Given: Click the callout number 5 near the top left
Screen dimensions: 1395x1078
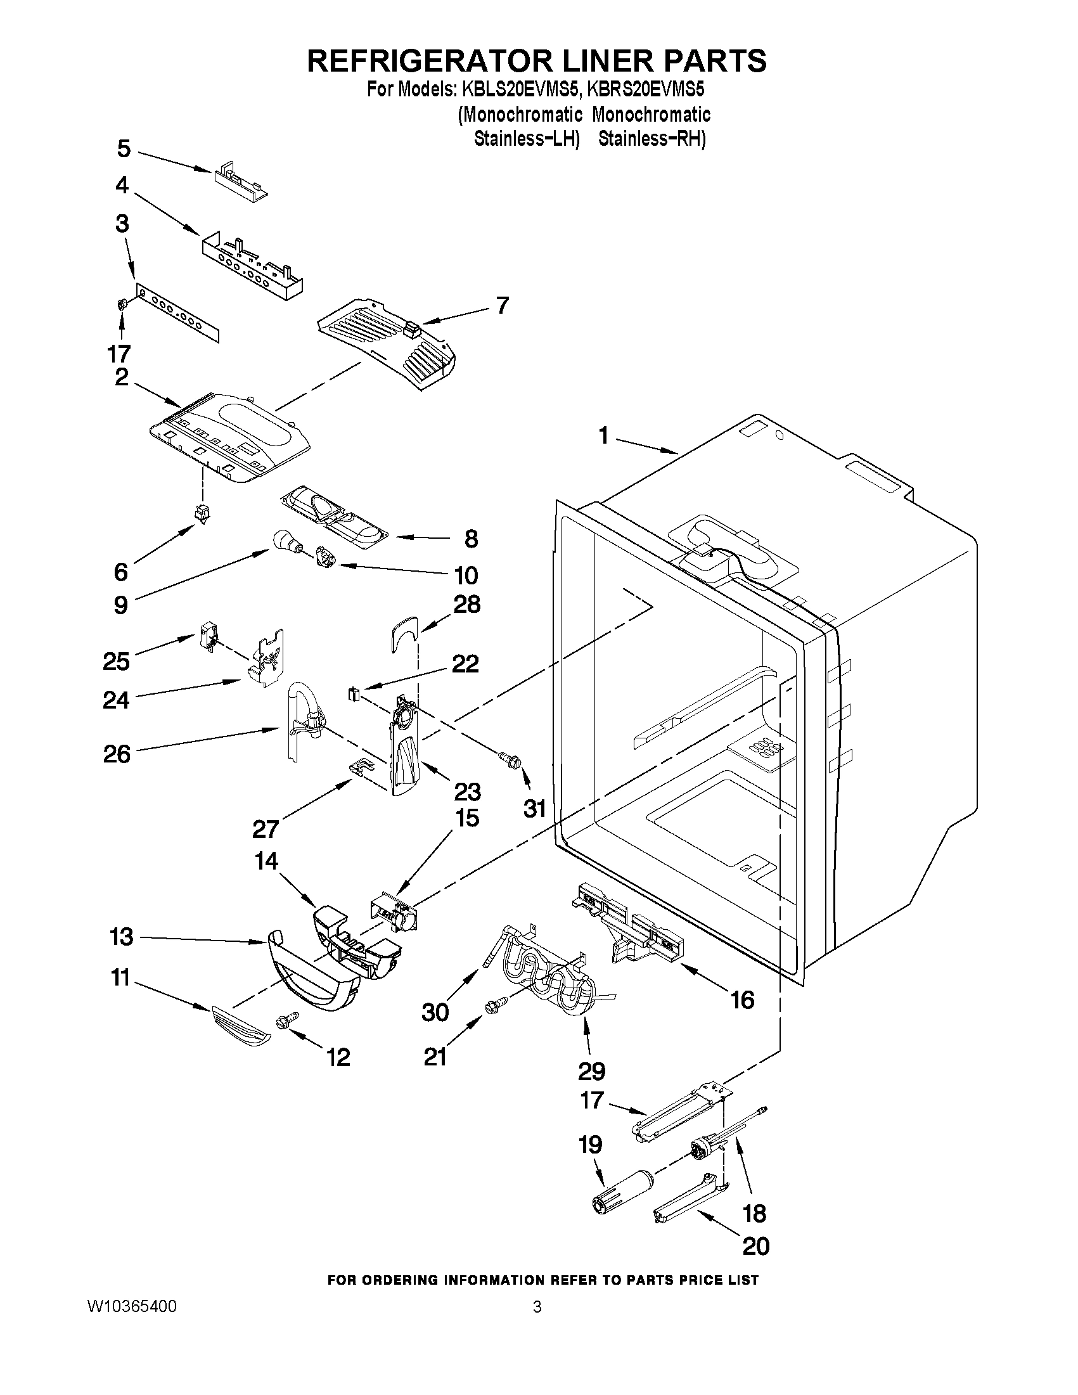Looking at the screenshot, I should tap(124, 149).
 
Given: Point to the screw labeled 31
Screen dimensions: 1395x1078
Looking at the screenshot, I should tap(511, 760).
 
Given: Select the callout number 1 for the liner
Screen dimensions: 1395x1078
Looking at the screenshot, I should tap(603, 436).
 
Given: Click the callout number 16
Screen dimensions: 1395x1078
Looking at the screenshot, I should tap(742, 1000).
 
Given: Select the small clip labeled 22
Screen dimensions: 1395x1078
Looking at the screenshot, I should tap(353, 693).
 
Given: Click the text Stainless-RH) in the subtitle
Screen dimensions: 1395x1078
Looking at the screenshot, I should tap(651, 138).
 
